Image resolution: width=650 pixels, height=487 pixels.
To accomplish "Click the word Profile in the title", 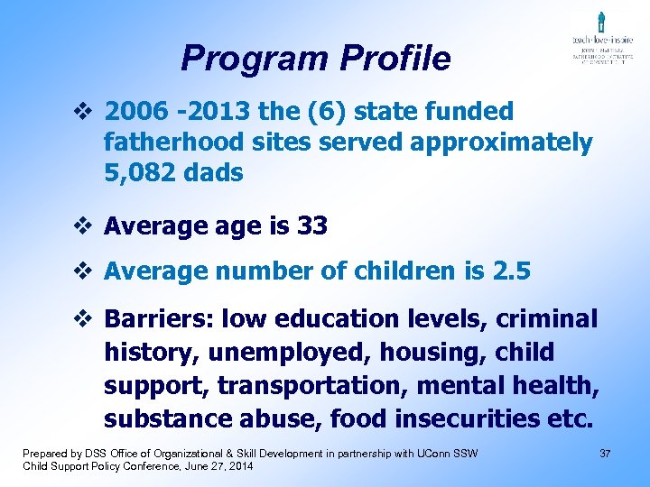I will point(395,59).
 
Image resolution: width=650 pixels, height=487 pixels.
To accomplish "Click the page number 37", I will point(605,452).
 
